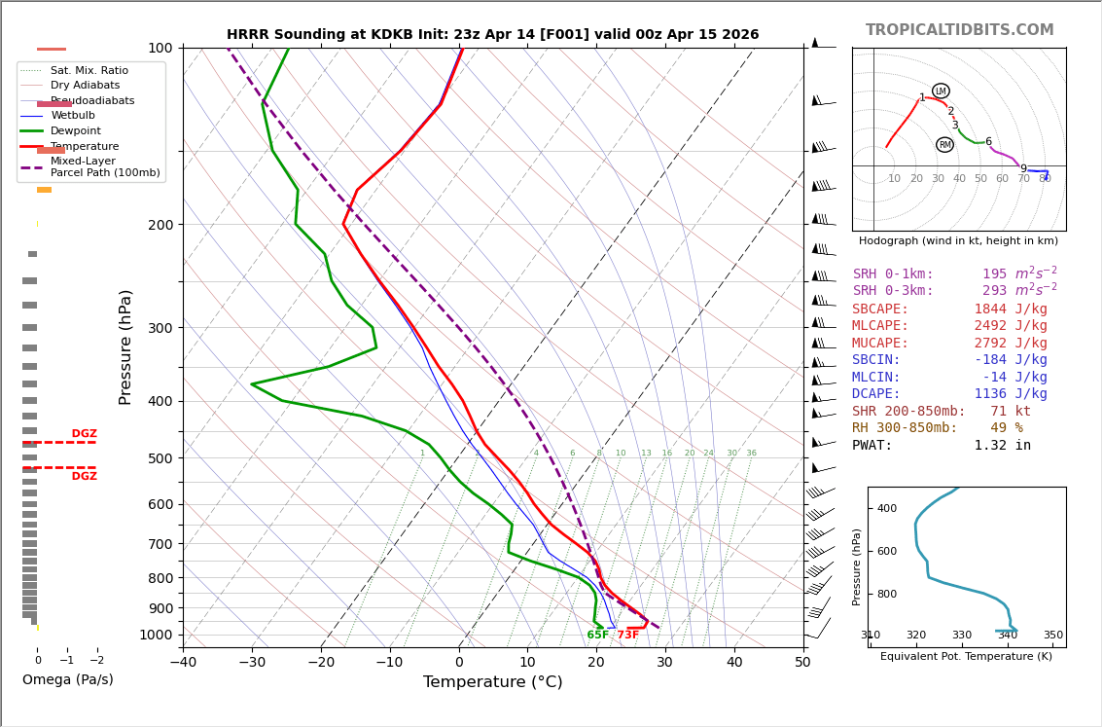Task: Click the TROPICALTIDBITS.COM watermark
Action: pyautogui.click(x=959, y=30)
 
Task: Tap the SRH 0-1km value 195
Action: pyautogui.click(x=994, y=274)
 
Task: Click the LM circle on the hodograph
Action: pyautogui.click(x=941, y=91)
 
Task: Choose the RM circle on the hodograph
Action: pyautogui.click(x=944, y=145)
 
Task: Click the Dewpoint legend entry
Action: pyautogui.click(x=76, y=131)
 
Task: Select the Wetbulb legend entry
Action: pyautogui.click(x=73, y=116)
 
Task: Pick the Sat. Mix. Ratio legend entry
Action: pyautogui.click(x=89, y=70)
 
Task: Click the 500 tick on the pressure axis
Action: pyautogui.click(x=160, y=458)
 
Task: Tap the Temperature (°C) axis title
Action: pyautogui.click(x=492, y=682)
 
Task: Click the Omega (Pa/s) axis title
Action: pyautogui.click(x=67, y=679)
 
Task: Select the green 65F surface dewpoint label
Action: pyautogui.click(x=598, y=635)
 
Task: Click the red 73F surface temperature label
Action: pyautogui.click(x=627, y=635)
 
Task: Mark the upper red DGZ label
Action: pyautogui.click(x=84, y=434)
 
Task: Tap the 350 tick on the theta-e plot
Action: pyautogui.click(x=1052, y=636)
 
